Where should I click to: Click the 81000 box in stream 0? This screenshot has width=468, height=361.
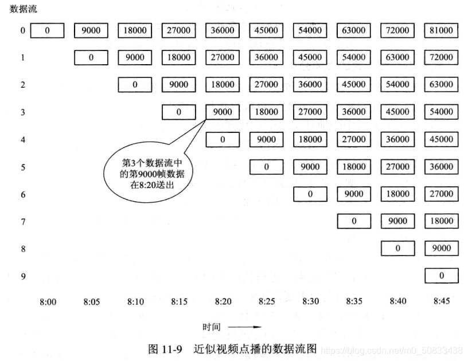[x=441, y=30]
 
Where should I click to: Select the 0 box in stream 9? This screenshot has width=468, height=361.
[x=441, y=276]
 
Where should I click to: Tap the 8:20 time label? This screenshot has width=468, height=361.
[x=223, y=301]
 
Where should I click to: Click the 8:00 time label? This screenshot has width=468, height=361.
[x=48, y=301]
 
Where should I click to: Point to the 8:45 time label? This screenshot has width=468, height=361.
[x=441, y=301]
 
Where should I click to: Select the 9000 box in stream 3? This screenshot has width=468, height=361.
[x=223, y=112]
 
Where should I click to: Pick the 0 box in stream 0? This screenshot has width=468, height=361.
[x=48, y=30]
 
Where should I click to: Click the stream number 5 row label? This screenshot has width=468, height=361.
[x=23, y=167]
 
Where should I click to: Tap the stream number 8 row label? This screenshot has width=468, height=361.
[x=23, y=249]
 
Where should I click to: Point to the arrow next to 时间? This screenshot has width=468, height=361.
[x=245, y=328]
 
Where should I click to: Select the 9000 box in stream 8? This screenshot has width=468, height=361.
[x=441, y=249]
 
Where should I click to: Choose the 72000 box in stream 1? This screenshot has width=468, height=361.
[x=441, y=57]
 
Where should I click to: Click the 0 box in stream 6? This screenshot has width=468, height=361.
[x=310, y=194]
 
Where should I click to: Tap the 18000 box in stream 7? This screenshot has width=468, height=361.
[x=441, y=221]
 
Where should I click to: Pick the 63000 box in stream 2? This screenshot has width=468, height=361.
[x=441, y=85]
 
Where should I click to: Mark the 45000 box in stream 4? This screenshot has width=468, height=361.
[x=441, y=139]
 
